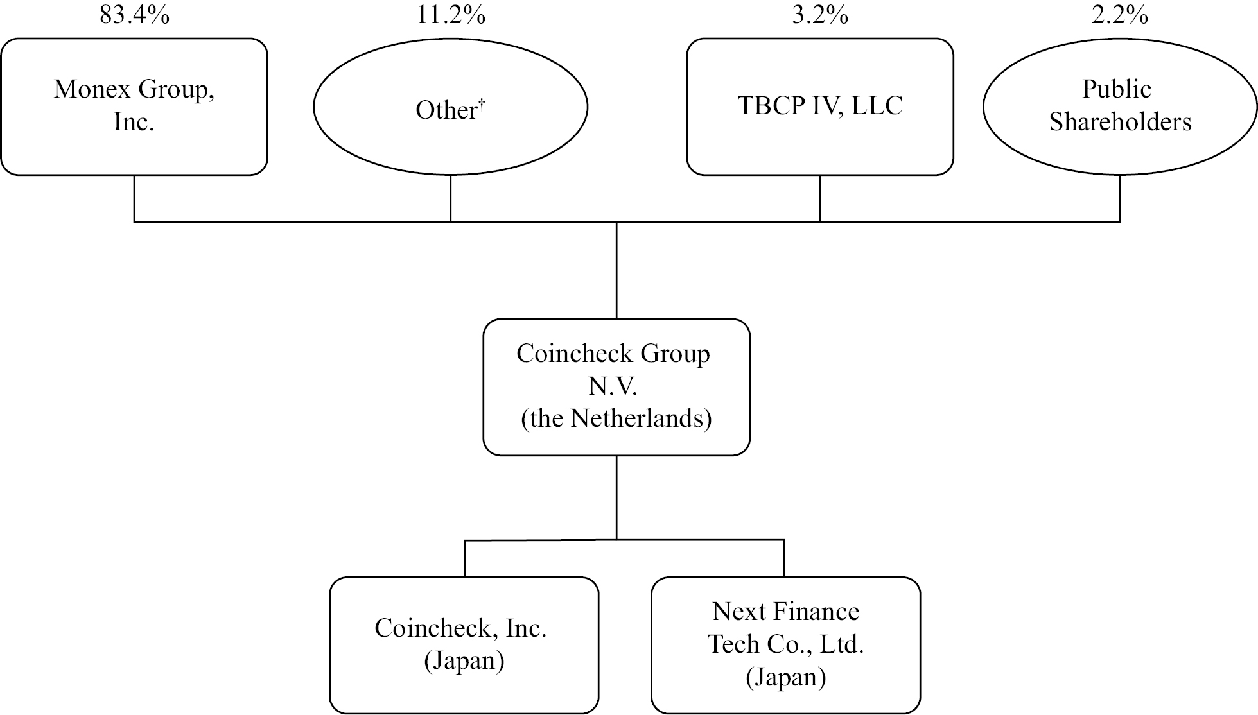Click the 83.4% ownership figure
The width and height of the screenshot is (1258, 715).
pos(134,13)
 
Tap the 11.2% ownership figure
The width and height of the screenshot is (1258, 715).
pos(451,13)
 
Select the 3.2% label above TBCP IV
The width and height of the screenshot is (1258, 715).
pos(820,13)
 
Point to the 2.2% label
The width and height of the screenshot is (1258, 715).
pos(1120,13)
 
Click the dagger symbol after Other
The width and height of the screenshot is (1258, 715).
pos(482,105)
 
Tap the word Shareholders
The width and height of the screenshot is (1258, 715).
pos(1120,122)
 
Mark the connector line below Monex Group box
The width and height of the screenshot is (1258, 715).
pos(134,198)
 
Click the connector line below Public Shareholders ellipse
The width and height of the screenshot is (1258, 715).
pos(1120,198)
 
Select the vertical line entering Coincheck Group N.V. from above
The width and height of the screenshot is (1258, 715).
pos(616,270)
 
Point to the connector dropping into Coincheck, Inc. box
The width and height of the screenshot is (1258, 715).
pos(465,558)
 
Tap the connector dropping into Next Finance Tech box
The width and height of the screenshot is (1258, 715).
pos(784,558)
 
